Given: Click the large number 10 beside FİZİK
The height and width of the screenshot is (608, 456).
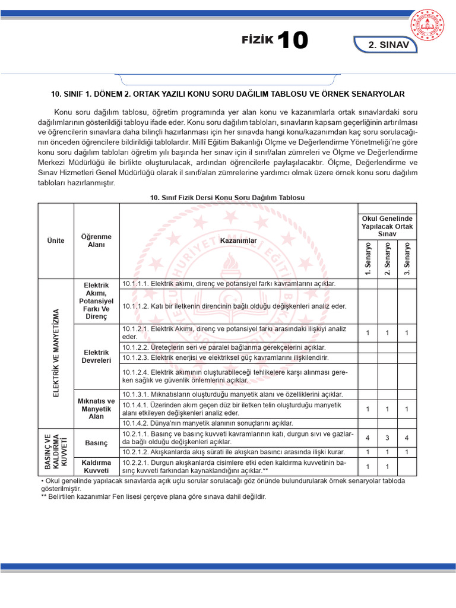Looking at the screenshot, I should (292, 40).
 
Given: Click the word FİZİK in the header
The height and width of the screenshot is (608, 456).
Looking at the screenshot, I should (257, 40).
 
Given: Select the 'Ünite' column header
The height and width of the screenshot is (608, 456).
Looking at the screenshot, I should (56, 240).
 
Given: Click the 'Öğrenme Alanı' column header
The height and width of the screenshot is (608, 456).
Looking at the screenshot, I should (96, 240).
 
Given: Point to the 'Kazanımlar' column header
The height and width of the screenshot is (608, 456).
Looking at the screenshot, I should (238, 240).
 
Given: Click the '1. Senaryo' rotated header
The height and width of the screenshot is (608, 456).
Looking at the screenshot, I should (368, 259).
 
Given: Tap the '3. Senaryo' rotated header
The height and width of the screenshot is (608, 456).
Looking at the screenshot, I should (407, 259).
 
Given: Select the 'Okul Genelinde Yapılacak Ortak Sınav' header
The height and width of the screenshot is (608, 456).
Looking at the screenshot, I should (387, 227).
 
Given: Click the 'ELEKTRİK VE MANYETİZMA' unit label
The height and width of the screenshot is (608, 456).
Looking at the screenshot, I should (57, 353).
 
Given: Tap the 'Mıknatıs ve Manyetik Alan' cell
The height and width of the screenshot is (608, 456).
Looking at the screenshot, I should (96, 408).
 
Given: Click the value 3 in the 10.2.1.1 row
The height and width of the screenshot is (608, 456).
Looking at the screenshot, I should (387, 438).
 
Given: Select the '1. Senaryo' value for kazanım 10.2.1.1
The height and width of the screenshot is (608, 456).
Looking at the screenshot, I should (368, 438).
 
